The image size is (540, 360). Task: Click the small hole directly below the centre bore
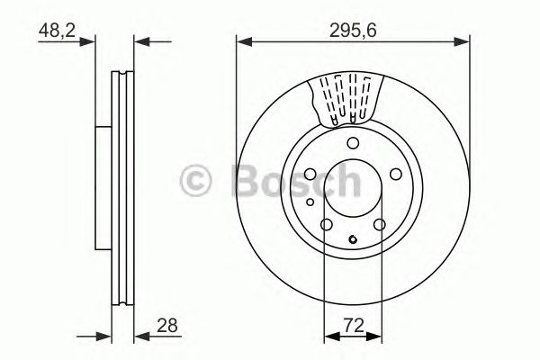point(354,239)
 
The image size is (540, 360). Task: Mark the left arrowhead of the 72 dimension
point(328,336)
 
